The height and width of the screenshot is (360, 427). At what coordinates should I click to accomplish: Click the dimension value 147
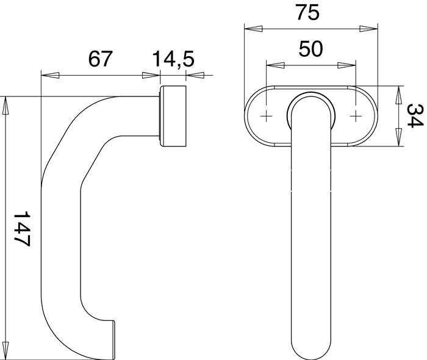point(21,229)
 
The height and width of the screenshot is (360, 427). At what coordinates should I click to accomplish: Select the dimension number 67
point(101,60)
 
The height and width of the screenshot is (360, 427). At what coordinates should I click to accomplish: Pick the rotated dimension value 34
point(415,116)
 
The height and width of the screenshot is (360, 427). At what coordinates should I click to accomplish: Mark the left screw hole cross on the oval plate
point(267,116)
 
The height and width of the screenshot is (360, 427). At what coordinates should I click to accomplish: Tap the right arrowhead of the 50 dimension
point(347,65)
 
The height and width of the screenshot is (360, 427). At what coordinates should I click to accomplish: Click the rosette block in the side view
point(173,117)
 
